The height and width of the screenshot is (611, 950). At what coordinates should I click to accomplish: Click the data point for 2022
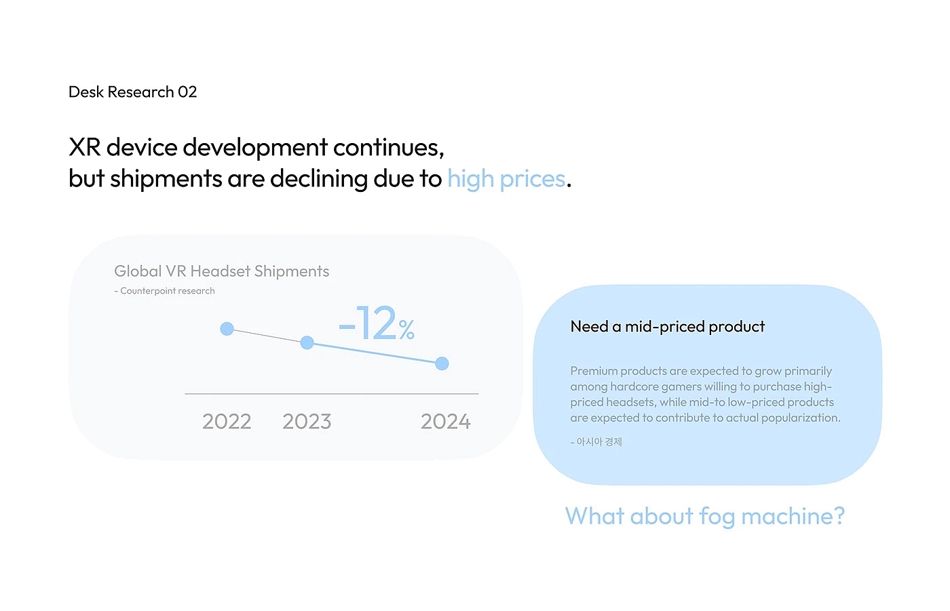[x=227, y=329]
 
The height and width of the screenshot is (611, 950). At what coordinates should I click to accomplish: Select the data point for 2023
[x=307, y=342]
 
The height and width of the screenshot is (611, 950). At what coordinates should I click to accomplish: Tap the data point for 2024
[x=442, y=363]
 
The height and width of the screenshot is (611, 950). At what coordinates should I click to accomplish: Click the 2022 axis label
[x=227, y=421]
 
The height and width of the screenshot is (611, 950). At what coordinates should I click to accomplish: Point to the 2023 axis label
[x=307, y=421]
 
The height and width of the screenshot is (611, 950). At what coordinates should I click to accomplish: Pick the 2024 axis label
[x=445, y=421]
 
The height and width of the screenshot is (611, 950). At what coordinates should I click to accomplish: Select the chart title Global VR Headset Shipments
[x=221, y=271]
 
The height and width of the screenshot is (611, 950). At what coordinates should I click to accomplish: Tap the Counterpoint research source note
[x=165, y=291]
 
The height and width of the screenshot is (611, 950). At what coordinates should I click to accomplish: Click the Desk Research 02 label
[x=133, y=92]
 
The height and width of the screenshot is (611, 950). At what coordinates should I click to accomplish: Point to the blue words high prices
[x=506, y=179]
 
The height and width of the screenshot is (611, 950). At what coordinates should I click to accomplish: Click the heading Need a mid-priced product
[x=667, y=327]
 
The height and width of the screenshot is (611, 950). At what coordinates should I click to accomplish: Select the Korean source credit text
[x=596, y=441]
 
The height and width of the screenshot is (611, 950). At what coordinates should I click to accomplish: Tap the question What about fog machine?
[x=704, y=516]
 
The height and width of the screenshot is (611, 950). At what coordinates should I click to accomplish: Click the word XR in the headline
[x=85, y=147]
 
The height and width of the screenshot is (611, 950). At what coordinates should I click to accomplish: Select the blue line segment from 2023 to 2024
[x=375, y=353]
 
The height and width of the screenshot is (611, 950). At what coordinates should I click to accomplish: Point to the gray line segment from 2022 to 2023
[x=267, y=336]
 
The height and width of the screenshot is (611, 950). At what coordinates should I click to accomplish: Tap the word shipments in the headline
[x=166, y=179]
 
